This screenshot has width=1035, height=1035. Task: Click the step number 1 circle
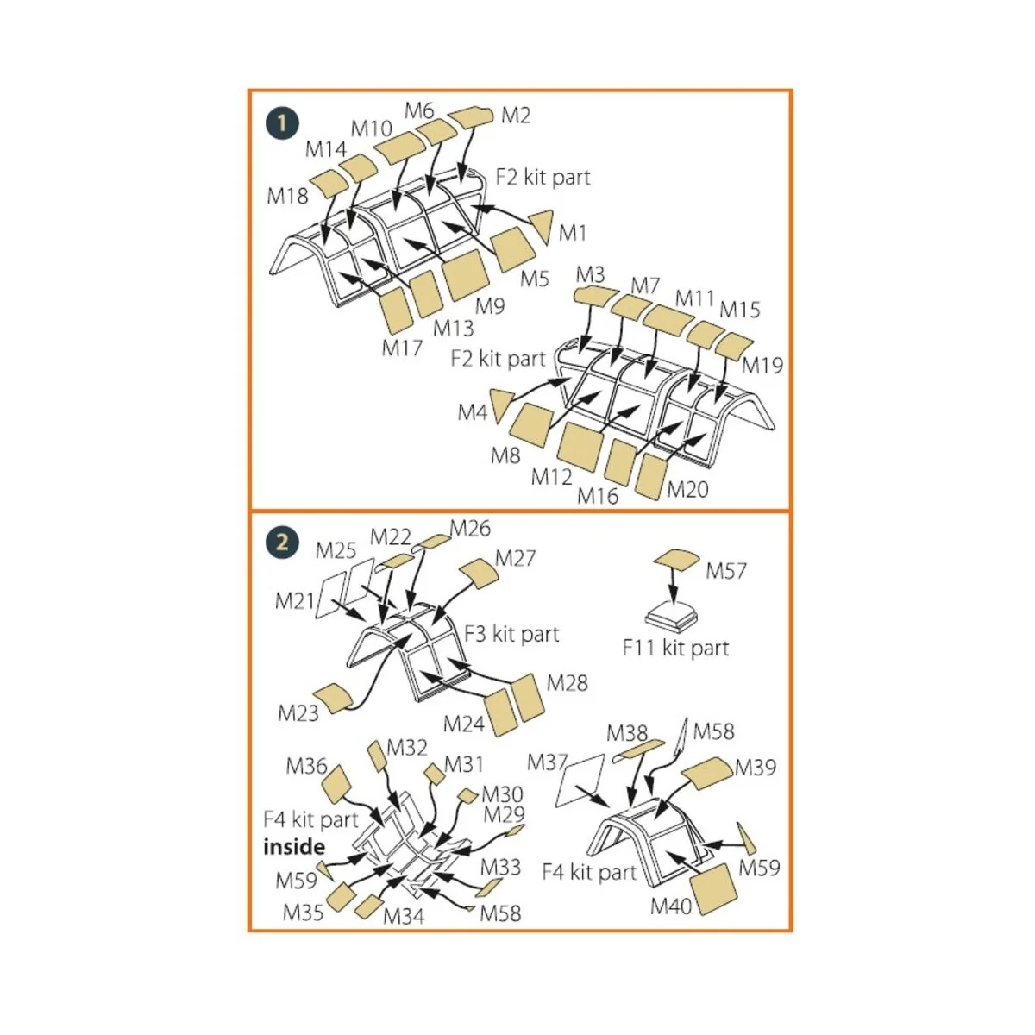(282, 124)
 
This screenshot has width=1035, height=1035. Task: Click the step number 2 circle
(282, 543)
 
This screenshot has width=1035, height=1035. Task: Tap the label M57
(726, 571)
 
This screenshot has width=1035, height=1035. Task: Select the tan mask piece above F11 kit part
(677, 559)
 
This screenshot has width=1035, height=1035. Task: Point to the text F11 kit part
(675, 648)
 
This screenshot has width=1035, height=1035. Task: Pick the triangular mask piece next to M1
(542, 226)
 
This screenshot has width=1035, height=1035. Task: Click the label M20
(687, 489)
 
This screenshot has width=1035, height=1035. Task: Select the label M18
(287, 196)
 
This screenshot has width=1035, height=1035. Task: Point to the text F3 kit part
(511, 634)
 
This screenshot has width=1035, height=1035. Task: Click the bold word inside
(294, 847)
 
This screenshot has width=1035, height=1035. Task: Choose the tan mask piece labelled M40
(713, 890)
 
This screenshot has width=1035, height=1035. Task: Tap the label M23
(298, 713)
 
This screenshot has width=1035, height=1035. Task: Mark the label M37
(547, 762)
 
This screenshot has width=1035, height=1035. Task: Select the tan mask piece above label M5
(514, 248)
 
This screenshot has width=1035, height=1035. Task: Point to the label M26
(470, 529)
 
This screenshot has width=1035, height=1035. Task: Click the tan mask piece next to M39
(707, 774)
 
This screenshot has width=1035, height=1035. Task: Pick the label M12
(552, 476)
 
